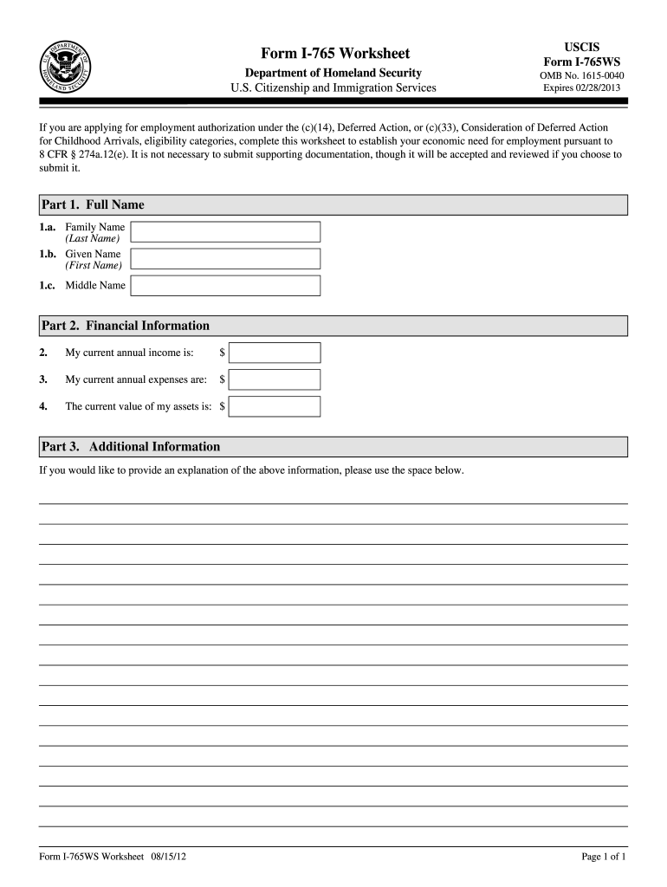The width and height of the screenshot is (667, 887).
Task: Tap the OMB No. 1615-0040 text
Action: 581,75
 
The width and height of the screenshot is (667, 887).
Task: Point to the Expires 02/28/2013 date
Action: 581,88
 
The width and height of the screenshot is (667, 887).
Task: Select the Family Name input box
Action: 225,231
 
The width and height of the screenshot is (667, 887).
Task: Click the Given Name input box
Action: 225,259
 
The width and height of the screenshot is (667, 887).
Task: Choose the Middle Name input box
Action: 225,286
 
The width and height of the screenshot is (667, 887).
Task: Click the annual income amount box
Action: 275,353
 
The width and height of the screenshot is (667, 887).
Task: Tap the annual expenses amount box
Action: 275,379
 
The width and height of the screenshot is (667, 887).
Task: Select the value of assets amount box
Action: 275,406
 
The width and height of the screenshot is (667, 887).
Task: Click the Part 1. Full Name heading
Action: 93,205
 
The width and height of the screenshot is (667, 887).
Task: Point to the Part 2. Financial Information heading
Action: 126,326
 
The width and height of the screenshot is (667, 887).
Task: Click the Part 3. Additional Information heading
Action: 131,447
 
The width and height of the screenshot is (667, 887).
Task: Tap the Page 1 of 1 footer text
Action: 604,858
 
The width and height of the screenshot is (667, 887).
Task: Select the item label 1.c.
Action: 48,286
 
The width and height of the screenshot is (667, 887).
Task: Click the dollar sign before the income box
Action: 223,353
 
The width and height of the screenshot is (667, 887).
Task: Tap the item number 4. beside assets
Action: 43,406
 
